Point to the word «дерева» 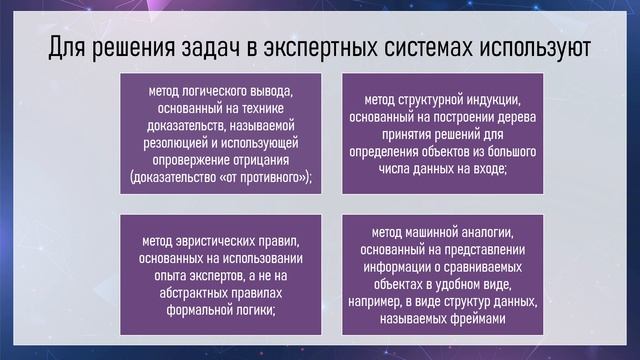(x=519, y=116)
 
